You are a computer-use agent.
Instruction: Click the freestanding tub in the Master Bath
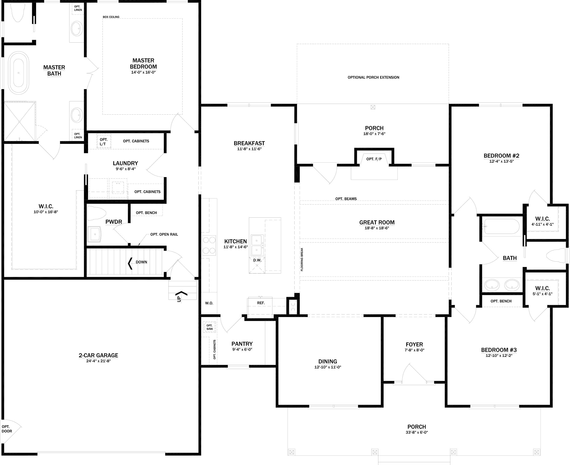(x=18, y=73)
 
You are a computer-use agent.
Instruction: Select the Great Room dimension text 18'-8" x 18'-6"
(x=377, y=228)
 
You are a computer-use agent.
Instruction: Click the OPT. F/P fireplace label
(x=374, y=159)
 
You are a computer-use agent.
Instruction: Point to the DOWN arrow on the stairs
(x=130, y=263)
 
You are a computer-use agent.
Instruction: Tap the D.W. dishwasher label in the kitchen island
(x=257, y=260)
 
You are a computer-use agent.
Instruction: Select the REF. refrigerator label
(x=261, y=303)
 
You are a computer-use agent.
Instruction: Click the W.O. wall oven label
(x=209, y=303)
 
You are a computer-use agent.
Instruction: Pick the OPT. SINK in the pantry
(x=209, y=327)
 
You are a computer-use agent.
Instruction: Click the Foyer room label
(x=414, y=345)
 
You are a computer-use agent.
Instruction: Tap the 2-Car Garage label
(x=98, y=355)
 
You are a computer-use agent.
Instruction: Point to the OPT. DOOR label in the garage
(x=7, y=429)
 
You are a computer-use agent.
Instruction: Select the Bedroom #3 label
(x=499, y=350)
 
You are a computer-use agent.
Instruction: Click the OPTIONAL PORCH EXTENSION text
(x=373, y=77)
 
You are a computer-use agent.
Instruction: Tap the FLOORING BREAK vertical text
(x=302, y=259)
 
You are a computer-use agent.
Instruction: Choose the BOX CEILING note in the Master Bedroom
(x=111, y=17)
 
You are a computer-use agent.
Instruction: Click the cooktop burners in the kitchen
(x=209, y=245)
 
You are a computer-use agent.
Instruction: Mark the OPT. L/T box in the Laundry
(x=104, y=142)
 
